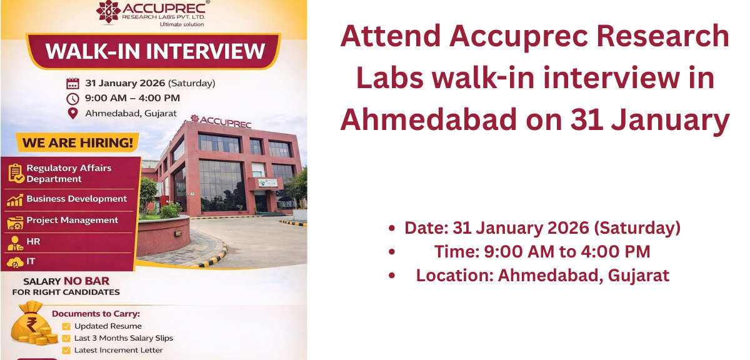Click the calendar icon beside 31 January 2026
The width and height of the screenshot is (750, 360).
click(x=73, y=83)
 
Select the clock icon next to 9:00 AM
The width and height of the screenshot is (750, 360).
click(x=73, y=98)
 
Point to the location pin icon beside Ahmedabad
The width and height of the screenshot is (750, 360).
click(x=73, y=113)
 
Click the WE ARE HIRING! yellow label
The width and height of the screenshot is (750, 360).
click(x=77, y=143)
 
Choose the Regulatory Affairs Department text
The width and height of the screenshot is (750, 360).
click(x=69, y=173)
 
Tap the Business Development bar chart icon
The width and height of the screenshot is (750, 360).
click(x=15, y=199)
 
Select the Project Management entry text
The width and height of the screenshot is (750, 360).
click(x=72, y=220)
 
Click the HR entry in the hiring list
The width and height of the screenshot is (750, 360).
click(x=33, y=241)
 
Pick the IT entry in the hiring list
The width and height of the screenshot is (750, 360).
click(x=31, y=261)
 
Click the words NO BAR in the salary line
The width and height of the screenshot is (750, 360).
click(x=82, y=281)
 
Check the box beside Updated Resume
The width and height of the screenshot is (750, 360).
click(x=66, y=326)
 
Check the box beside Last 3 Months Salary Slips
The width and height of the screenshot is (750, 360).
click(x=66, y=338)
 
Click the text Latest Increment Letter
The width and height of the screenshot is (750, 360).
click(x=118, y=350)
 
